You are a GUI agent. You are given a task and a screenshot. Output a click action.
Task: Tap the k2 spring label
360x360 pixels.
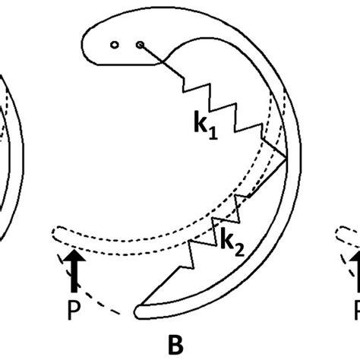click(232, 242)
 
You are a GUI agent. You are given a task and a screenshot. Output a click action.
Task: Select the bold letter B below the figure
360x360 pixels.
click(175, 345)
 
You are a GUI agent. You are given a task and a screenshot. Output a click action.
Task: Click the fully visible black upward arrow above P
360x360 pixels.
click(74, 271)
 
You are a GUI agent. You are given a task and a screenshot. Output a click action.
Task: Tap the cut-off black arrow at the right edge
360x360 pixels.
click(355, 271)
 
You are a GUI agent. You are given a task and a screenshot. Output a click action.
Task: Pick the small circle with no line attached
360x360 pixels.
click(115, 45)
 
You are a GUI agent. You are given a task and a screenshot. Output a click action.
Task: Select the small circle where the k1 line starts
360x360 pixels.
click(140, 45)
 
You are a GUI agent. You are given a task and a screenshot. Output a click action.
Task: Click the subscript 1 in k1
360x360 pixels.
click(213, 133)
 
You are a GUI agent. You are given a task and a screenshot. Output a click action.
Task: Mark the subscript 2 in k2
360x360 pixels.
click(239, 251)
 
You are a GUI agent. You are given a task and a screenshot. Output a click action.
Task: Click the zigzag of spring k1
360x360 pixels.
click(223, 109)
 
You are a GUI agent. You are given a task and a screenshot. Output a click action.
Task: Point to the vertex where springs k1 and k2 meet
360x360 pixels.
click(286, 159)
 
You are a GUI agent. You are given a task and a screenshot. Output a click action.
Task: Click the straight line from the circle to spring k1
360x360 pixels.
click(161, 61)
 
